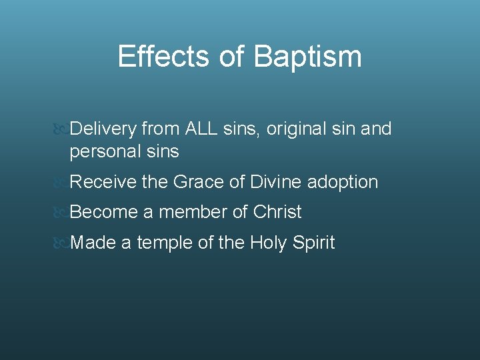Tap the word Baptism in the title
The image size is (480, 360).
click(x=307, y=58)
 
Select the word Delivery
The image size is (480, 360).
click(x=103, y=129)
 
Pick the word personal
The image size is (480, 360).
click(x=103, y=152)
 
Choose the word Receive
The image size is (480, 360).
click(x=103, y=181)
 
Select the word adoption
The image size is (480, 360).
click(x=343, y=182)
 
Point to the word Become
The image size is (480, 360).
click(x=103, y=212)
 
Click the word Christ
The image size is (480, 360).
click(x=277, y=212)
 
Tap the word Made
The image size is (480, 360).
click(x=93, y=243)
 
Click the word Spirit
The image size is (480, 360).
click(x=313, y=243)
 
